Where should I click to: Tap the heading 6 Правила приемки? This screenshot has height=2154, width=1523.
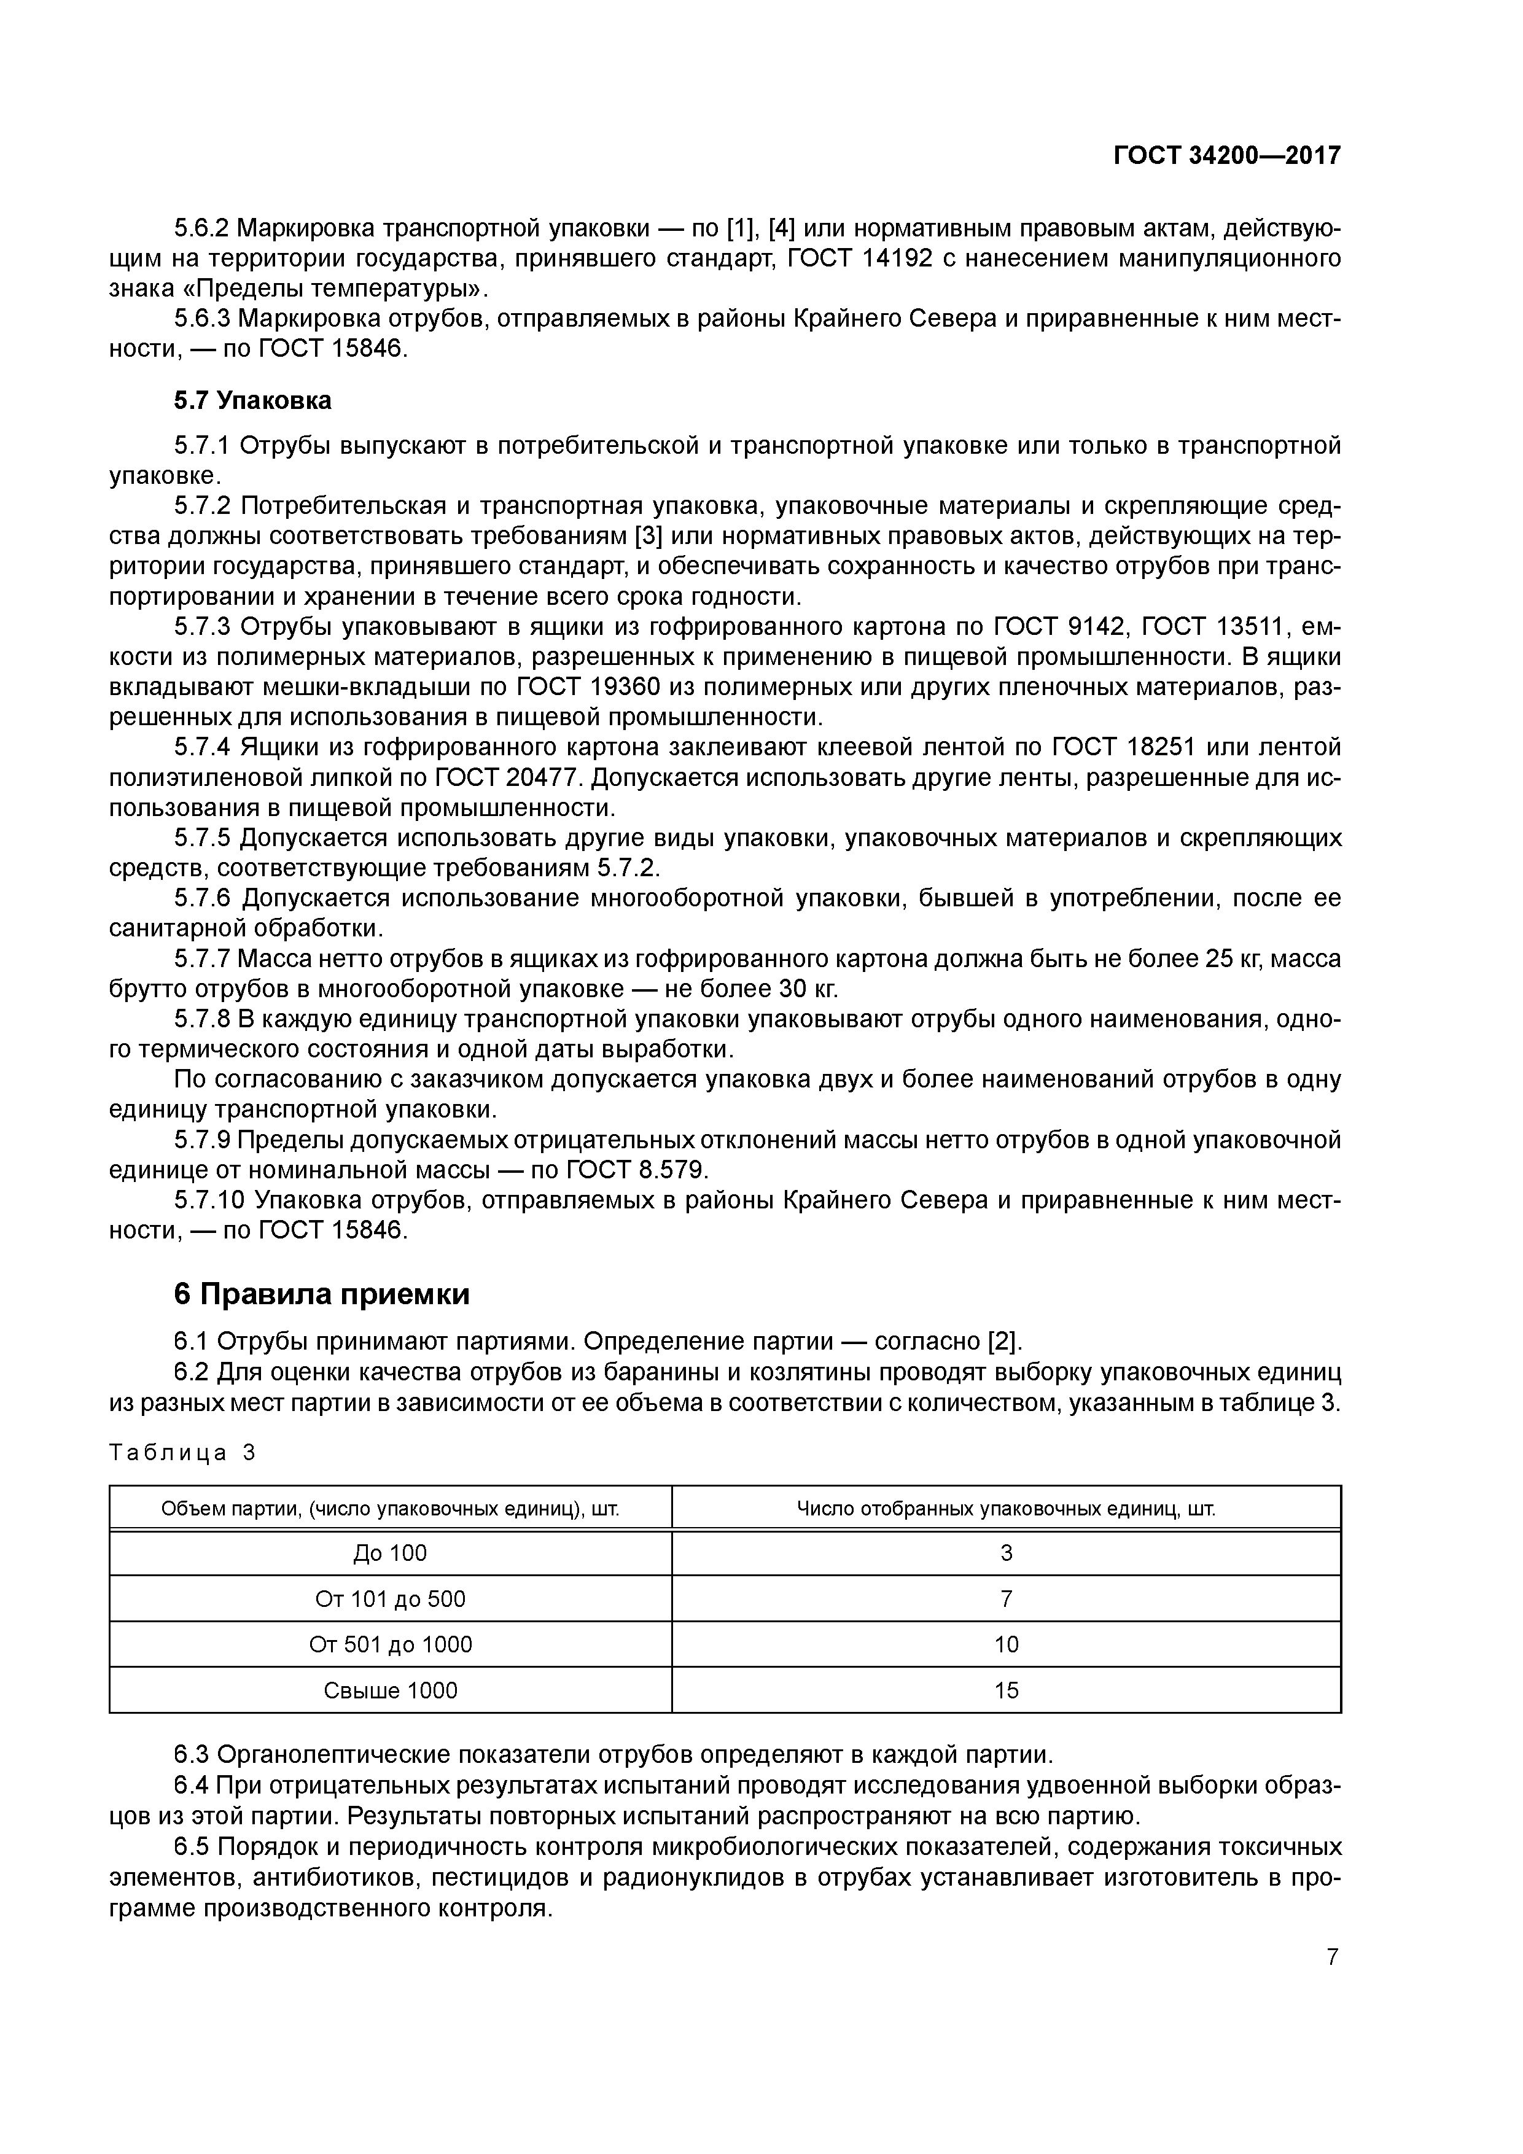(322, 1294)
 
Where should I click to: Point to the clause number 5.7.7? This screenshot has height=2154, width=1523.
(202, 958)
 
